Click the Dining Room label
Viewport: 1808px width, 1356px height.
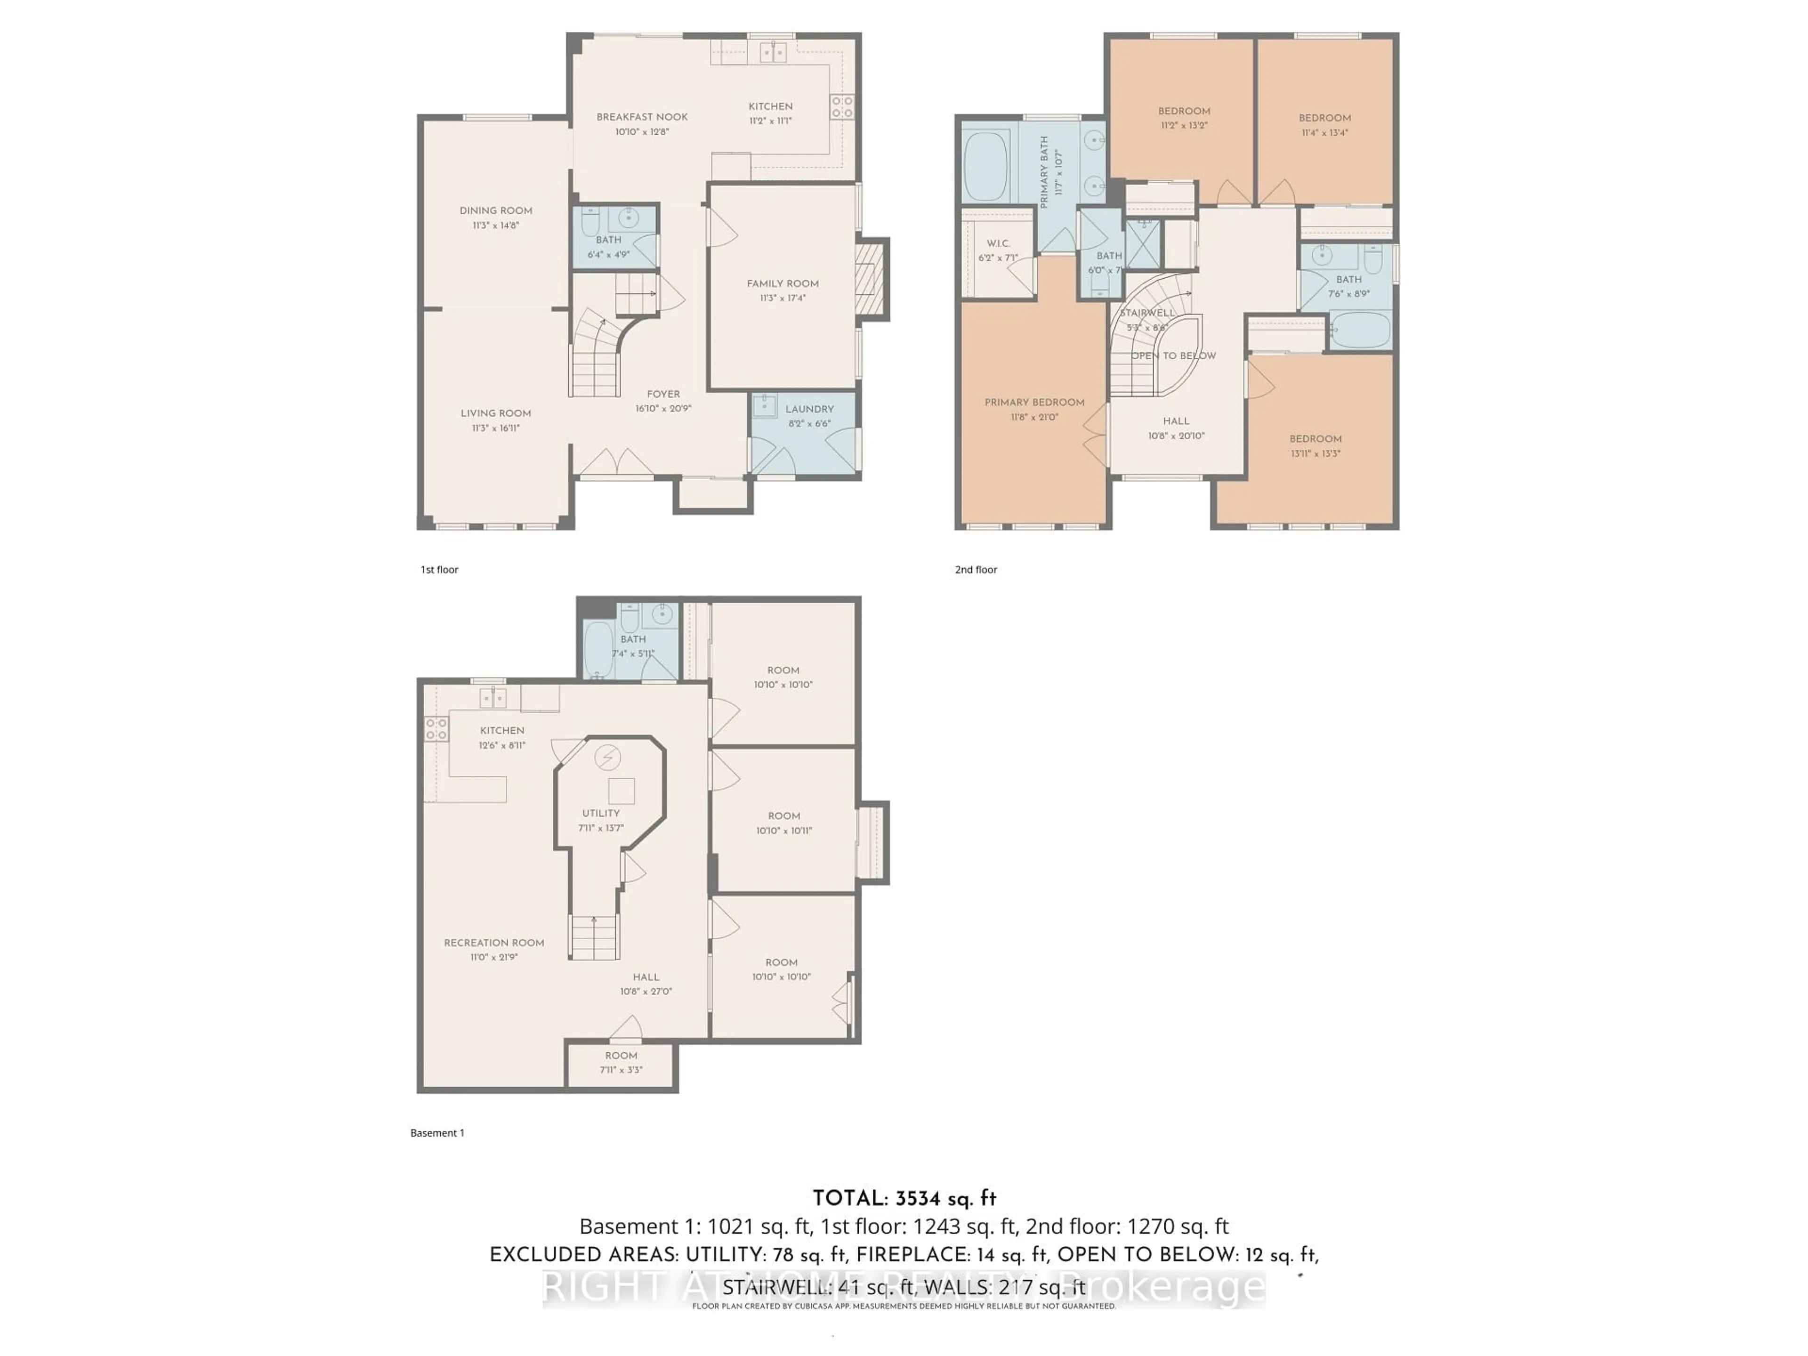(495, 211)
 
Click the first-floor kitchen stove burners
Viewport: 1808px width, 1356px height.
(842, 106)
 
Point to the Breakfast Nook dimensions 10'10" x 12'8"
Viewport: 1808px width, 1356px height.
(642, 131)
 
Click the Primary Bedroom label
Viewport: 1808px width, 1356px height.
(1034, 402)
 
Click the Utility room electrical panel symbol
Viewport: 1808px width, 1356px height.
(606, 758)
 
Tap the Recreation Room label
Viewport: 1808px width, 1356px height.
(494, 943)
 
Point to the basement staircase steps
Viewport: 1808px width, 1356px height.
(593, 938)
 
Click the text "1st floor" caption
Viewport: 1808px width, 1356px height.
(439, 570)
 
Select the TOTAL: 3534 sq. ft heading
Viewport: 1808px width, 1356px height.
(904, 1199)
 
